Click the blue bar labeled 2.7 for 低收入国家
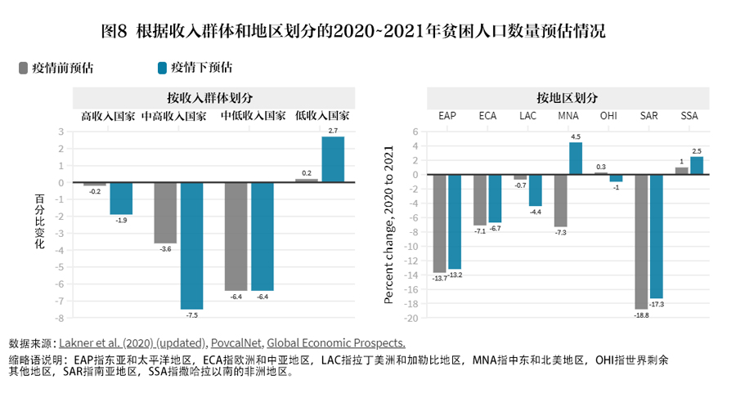coord(333,159)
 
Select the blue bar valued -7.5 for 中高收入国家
coord(191,245)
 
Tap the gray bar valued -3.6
coord(165,212)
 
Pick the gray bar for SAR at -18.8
coord(641,242)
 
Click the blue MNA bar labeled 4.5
coord(576,159)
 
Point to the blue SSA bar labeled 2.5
coord(697,165)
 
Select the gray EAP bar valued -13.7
coord(439,223)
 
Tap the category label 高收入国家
coord(108,116)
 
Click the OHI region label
coord(608,116)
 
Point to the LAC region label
coord(527,116)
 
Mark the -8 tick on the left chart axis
coord(60,317)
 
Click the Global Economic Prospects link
coord(336,343)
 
